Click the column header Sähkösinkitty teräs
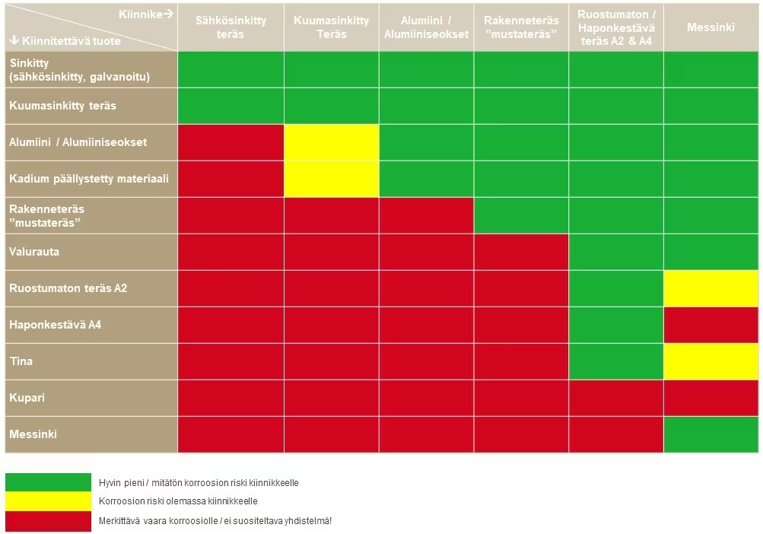230,27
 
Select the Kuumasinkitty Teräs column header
332,27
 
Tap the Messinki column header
711,27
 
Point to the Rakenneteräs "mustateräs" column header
521,27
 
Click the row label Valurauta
34,252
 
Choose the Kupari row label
27,398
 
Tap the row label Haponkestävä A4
55,325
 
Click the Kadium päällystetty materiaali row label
89,179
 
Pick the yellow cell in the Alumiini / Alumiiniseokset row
332,142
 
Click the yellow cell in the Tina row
711,361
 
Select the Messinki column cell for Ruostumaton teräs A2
711,288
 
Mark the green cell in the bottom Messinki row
711,434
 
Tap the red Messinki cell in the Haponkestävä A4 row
711,325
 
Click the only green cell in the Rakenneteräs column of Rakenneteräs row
521,215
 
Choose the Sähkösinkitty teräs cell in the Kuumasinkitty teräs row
230,106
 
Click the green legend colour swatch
48,482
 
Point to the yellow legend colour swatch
48,501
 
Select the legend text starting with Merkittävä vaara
215,521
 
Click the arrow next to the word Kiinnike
168,14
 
